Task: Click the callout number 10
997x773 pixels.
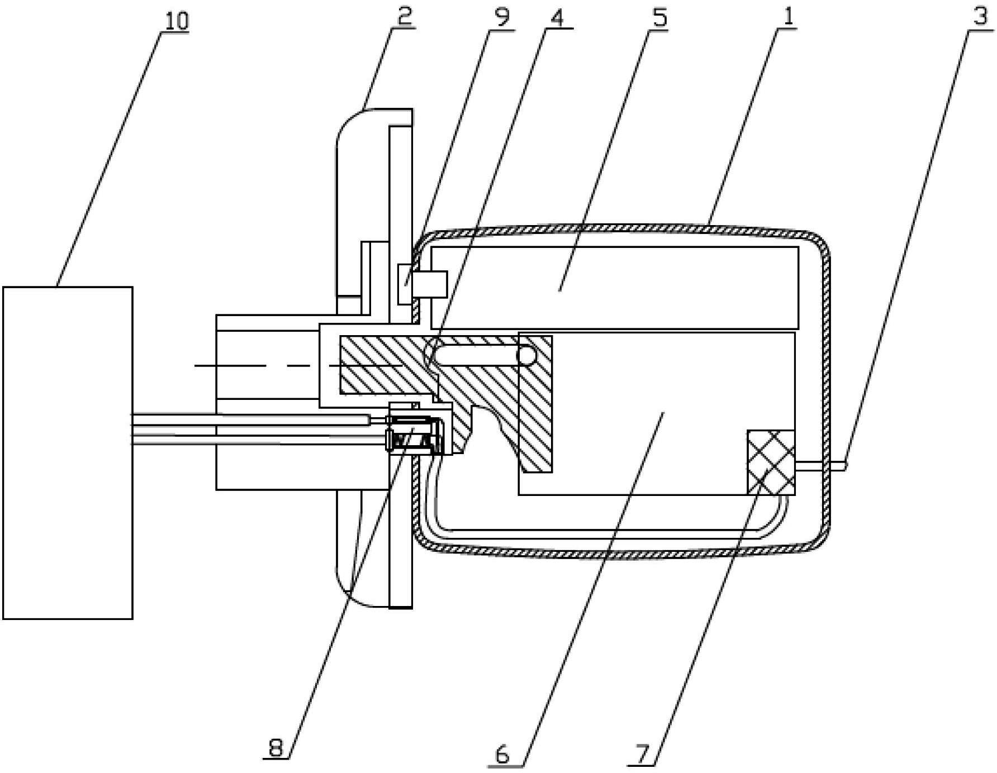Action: pyautogui.click(x=177, y=21)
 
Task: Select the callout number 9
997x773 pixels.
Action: pyautogui.click(x=501, y=17)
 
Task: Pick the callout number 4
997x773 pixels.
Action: pyautogui.click(x=557, y=17)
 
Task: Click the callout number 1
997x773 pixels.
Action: pyautogui.click(x=787, y=17)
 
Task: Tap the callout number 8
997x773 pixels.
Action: pyautogui.click(x=276, y=747)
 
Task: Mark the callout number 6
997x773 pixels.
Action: pyautogui.click(x=502, y=755)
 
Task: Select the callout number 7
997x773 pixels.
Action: pyautogui.click(x=642, y=755)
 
